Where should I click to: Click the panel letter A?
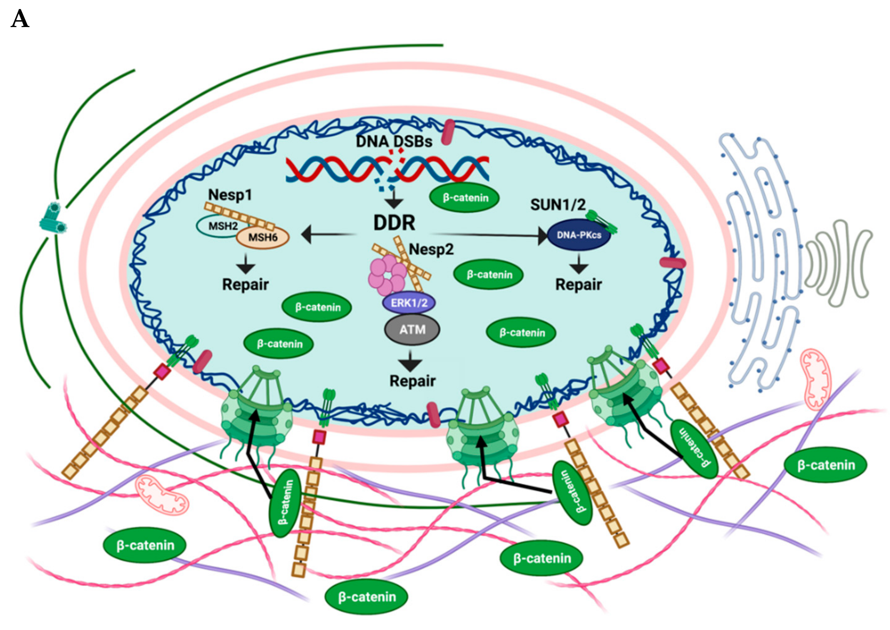(x=20, y=19)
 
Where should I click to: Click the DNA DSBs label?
(x=393, y=141)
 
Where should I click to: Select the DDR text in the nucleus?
(x=394, y=223)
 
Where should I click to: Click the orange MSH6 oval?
(x=263, y=237)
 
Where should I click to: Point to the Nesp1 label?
(x=230, y=195)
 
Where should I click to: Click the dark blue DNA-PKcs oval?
(x=578, y=235)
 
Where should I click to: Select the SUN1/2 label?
(x=557, y=205)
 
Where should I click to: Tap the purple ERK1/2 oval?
(x=409, y=303)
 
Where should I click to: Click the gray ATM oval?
(x=412, y=330)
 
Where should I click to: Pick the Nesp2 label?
(x=431, y=249)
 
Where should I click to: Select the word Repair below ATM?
(x=412, y=381)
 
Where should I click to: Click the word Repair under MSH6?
(x=245, y=284)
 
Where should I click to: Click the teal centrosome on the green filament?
(x=53, y=219)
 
